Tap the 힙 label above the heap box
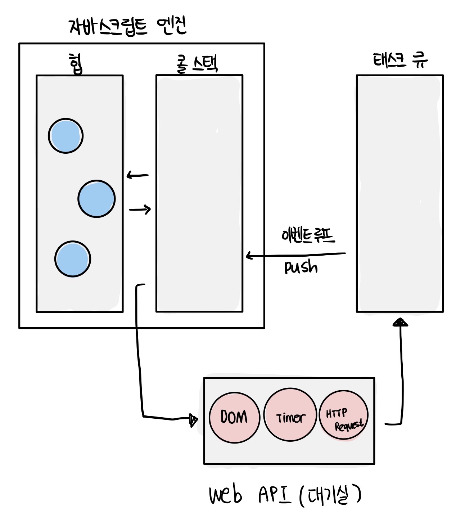tap(76, 64)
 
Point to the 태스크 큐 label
tap(400, 60)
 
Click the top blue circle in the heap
tap(66, 136)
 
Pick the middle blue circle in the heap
tap(96, 199)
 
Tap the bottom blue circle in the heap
tap(73, 259)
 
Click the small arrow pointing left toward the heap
tap(137, 175)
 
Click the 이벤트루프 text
tap(308, 235)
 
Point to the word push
tap(301, 267)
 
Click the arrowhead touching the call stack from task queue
tap(249, 256)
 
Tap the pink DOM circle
tap(234, 417)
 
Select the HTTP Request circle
tap(344, 416)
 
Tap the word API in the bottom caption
tap(274, 495)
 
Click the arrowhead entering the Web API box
tap(193, 419)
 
